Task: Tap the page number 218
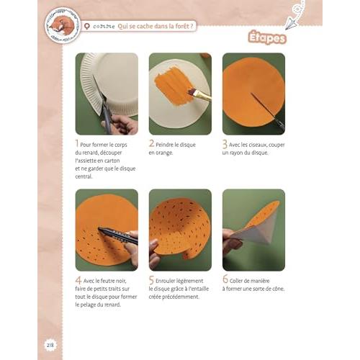50,344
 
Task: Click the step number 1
78,145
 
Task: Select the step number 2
152,145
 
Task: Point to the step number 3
225,145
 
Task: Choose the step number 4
78,281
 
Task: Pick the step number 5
152,281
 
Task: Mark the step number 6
225,281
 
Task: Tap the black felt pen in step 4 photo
115,234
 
